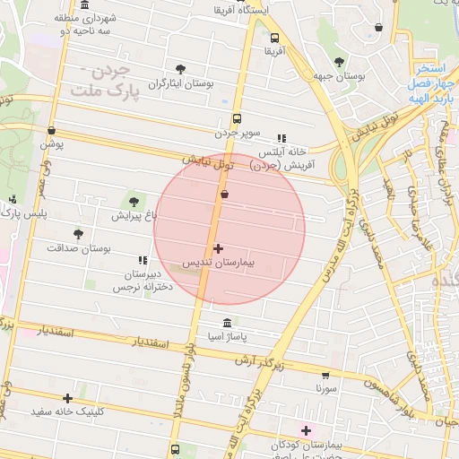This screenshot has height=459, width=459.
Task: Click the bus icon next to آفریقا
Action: (x=274, y=39)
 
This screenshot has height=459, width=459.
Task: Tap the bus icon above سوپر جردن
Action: (x=237, y=117)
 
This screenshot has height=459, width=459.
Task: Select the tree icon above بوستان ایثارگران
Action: (x=181, y=69)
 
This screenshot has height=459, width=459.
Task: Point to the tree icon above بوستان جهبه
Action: (x=338, y=62)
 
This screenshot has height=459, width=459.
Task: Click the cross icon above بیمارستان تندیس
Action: (x=219, y=247)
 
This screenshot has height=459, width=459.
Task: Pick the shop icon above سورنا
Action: (x=325, y=376)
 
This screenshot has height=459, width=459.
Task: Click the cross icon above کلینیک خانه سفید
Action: (x=67, y=398)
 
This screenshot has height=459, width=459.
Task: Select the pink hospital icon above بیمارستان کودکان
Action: (x=306, y=430)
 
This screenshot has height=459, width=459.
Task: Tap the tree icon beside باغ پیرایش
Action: (x=134, y=201)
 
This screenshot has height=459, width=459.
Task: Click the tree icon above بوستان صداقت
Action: (x=78, y=233)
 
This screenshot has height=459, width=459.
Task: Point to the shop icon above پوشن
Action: (x=51, y=130)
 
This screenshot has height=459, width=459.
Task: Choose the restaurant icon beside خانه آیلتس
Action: (x=281, y=138)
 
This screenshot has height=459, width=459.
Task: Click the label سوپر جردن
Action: (x=237, y=133)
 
